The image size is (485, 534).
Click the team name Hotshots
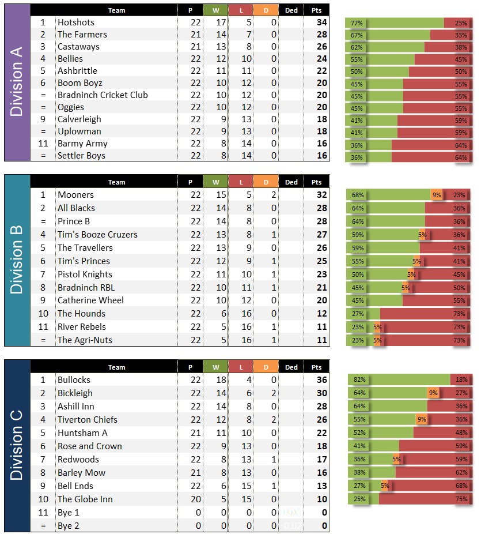point(75,22)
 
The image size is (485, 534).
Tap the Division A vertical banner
point(17,82)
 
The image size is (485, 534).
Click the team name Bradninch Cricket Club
point(103,95)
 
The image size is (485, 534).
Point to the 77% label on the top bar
point(357,23)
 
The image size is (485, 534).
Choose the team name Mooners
point(75,195)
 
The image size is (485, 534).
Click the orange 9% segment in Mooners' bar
point(437,195)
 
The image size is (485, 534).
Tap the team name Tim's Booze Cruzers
point(97,235)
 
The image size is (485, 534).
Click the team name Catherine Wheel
point(90,300)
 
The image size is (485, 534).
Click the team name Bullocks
point(74,380)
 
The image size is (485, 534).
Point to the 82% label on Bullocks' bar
point(359,380)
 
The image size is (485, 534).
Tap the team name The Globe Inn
point(85,499)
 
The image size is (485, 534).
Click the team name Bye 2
point(69,526)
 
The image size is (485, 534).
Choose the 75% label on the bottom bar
point(461,499)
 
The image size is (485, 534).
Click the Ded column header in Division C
point(291,367)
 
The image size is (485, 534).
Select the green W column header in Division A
point(215,10)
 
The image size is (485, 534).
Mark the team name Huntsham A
point(82,433)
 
